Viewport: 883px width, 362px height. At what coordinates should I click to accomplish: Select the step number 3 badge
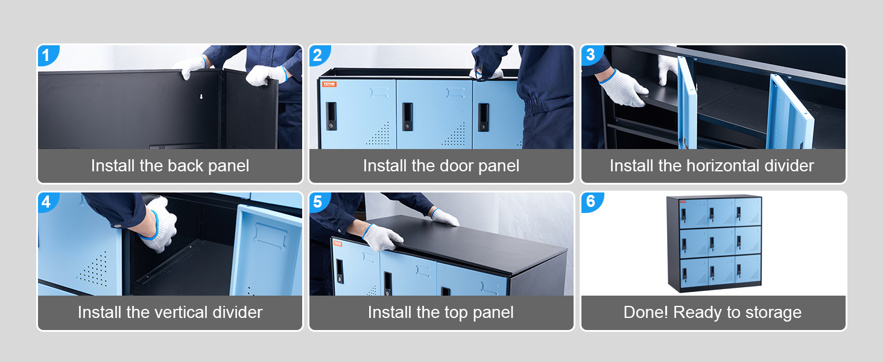[x=591, y=55]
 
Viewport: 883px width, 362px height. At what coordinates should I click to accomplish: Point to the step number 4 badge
[x=47, y=202]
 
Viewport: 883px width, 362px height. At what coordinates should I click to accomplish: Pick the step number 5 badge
[x=318, y=202]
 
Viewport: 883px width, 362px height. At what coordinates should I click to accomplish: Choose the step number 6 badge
[x=591, y=202]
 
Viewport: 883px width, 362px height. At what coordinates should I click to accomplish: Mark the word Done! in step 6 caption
[x=646, y=313]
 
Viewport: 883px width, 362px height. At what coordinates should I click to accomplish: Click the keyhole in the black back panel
[x=201, y=96]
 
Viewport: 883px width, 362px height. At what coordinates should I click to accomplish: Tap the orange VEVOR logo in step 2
[x=329, y=84]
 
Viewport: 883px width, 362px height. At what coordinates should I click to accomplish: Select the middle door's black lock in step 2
[x=407, y=116]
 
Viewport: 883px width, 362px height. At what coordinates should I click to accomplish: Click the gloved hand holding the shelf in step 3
[x=623, y=89]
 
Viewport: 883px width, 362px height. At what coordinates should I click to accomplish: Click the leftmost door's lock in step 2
[x=331, y=116]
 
